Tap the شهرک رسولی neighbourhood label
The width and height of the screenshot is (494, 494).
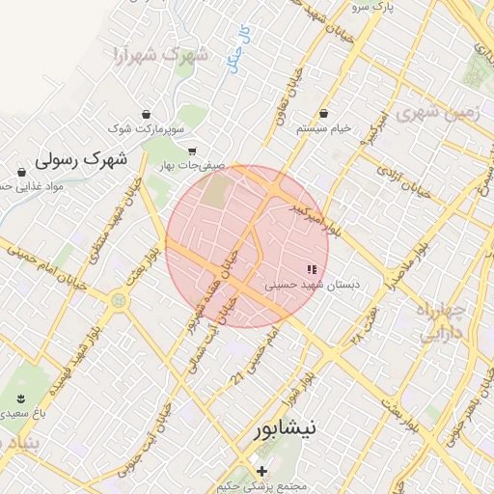[81, 157]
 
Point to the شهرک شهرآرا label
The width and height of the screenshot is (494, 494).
[160, 53]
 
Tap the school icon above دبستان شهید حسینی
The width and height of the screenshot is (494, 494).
[311, 269]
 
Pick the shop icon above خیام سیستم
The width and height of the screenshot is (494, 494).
[322, 112]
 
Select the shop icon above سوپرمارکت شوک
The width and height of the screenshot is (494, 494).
[146, 112]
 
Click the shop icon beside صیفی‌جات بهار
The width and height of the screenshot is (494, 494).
[193, 151]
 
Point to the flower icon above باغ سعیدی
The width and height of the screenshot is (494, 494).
[22, 398]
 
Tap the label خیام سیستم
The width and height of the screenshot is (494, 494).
[322, 127]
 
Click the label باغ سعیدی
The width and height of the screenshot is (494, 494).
[23, 413]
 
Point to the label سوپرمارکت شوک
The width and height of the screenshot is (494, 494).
[146, 127]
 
